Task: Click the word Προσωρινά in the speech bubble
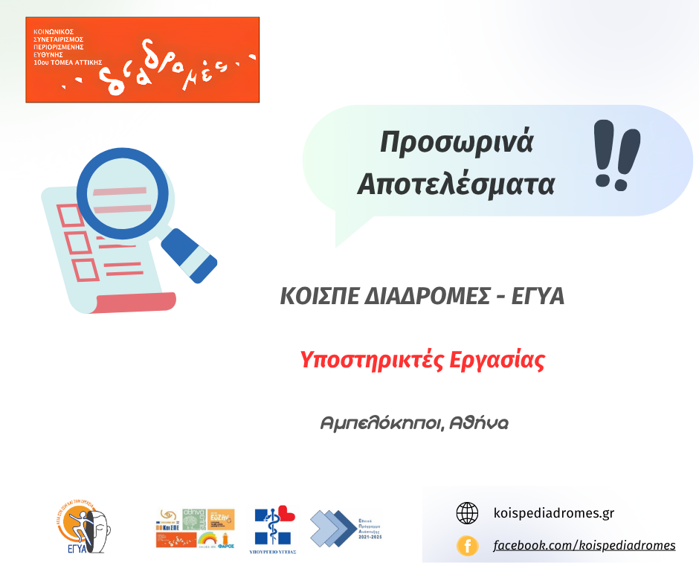[x=457, y=142]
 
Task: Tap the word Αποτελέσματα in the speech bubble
[x=456, y=184]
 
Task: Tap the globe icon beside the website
[x=467, y=513]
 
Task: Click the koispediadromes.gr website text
[x=554, y=513]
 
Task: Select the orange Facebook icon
[x=467, y=546]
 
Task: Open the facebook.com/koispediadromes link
[x=584, y=546]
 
